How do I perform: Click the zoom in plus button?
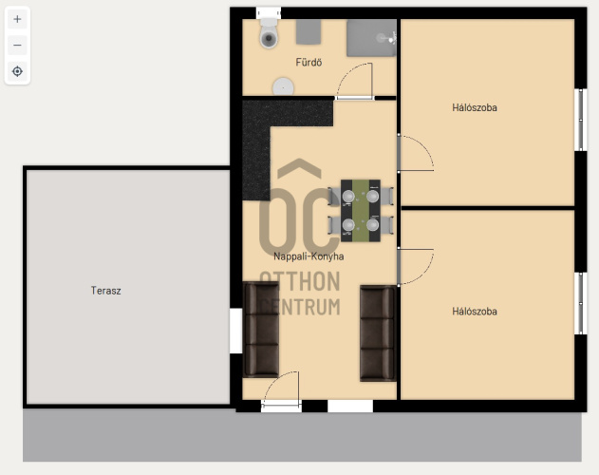(17, 19)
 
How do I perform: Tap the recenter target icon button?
(17, 71)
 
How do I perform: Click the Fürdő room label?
(309, 63)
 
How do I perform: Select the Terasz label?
(105, 291)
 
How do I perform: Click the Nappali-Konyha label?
(309, 256)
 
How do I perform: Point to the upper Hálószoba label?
(475, 107)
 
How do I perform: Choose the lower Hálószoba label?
(475, 312)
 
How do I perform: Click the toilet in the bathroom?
(269, 33)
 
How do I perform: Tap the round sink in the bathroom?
(283, 86)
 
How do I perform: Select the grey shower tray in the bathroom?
(371, 38)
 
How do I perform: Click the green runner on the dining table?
(361, 211)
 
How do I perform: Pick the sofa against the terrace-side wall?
(261, 330)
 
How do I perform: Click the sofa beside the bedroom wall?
(378, 333)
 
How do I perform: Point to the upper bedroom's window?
(581, 120)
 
